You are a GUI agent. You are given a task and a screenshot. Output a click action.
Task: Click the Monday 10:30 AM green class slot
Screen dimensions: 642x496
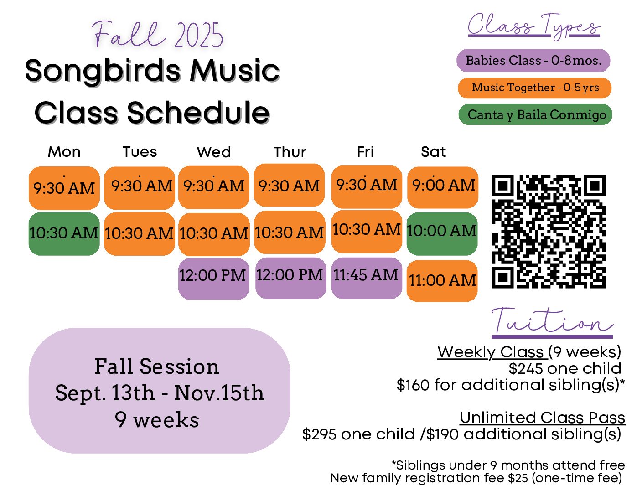64,234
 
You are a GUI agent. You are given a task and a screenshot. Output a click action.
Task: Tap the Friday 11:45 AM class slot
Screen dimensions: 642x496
366,278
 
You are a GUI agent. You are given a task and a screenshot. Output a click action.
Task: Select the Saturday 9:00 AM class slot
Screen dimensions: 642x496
443,187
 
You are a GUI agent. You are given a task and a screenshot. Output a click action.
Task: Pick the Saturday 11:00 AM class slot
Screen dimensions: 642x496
442,281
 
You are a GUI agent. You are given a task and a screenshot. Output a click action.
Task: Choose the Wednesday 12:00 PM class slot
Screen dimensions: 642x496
213,279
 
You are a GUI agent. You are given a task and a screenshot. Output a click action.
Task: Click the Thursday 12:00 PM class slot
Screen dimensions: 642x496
291,278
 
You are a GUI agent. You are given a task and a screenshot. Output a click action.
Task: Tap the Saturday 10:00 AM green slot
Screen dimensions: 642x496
442,234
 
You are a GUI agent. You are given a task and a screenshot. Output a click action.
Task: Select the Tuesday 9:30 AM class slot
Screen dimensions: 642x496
140,188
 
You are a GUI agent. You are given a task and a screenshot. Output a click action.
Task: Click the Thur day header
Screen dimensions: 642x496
290,152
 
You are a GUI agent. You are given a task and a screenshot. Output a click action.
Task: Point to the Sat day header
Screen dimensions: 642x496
433,152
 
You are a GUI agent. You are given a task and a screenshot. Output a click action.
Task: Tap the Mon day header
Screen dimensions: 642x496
64,152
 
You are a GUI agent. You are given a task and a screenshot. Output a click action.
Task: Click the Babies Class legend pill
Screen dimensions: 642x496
533,61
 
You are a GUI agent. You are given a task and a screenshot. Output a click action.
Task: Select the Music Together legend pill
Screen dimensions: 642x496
534,88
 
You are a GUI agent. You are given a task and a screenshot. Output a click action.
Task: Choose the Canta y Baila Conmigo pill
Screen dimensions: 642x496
535,114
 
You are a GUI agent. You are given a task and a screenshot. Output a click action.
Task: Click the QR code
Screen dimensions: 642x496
549,231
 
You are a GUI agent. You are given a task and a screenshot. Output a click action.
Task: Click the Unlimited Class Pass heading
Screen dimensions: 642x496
542,418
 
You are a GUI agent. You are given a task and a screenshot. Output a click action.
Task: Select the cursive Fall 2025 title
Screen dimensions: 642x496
157,34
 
